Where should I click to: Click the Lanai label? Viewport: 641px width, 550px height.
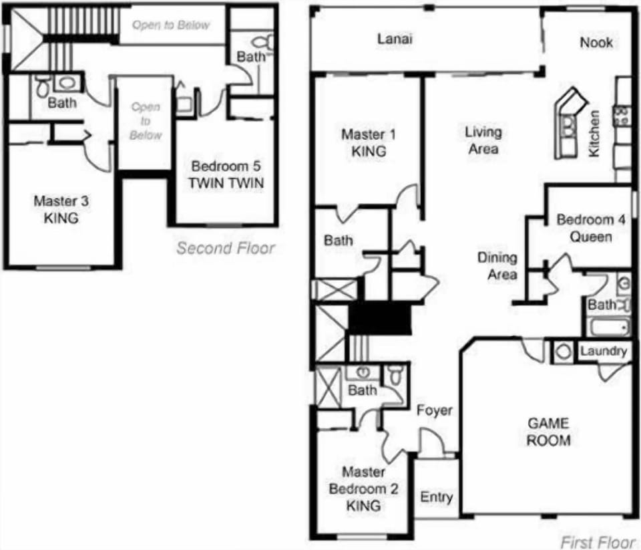point(395,39)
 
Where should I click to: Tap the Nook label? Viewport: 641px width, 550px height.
point(596,42)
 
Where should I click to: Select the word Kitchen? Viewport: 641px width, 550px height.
point(594,134)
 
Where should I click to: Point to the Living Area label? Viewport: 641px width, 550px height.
point(483,140)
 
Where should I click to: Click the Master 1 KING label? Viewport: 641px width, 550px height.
point(369,142)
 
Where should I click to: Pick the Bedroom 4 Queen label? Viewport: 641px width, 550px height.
point(584,228)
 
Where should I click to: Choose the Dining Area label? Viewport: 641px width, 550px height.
point(497,265)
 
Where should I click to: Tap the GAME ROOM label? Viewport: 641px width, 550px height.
point(548,432)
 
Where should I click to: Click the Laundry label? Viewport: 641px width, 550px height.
point(603,352)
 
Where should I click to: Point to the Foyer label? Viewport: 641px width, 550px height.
point(434,410)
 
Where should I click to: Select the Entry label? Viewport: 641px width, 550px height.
point(436,497)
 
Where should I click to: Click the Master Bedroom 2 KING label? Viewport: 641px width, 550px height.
point(363,489)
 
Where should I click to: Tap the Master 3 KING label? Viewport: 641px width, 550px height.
point(61,209)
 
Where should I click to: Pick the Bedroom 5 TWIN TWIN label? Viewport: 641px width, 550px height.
point(226,174)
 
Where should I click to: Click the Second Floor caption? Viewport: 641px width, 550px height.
point(226,248)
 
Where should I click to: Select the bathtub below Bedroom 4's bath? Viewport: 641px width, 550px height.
point(608,327)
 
